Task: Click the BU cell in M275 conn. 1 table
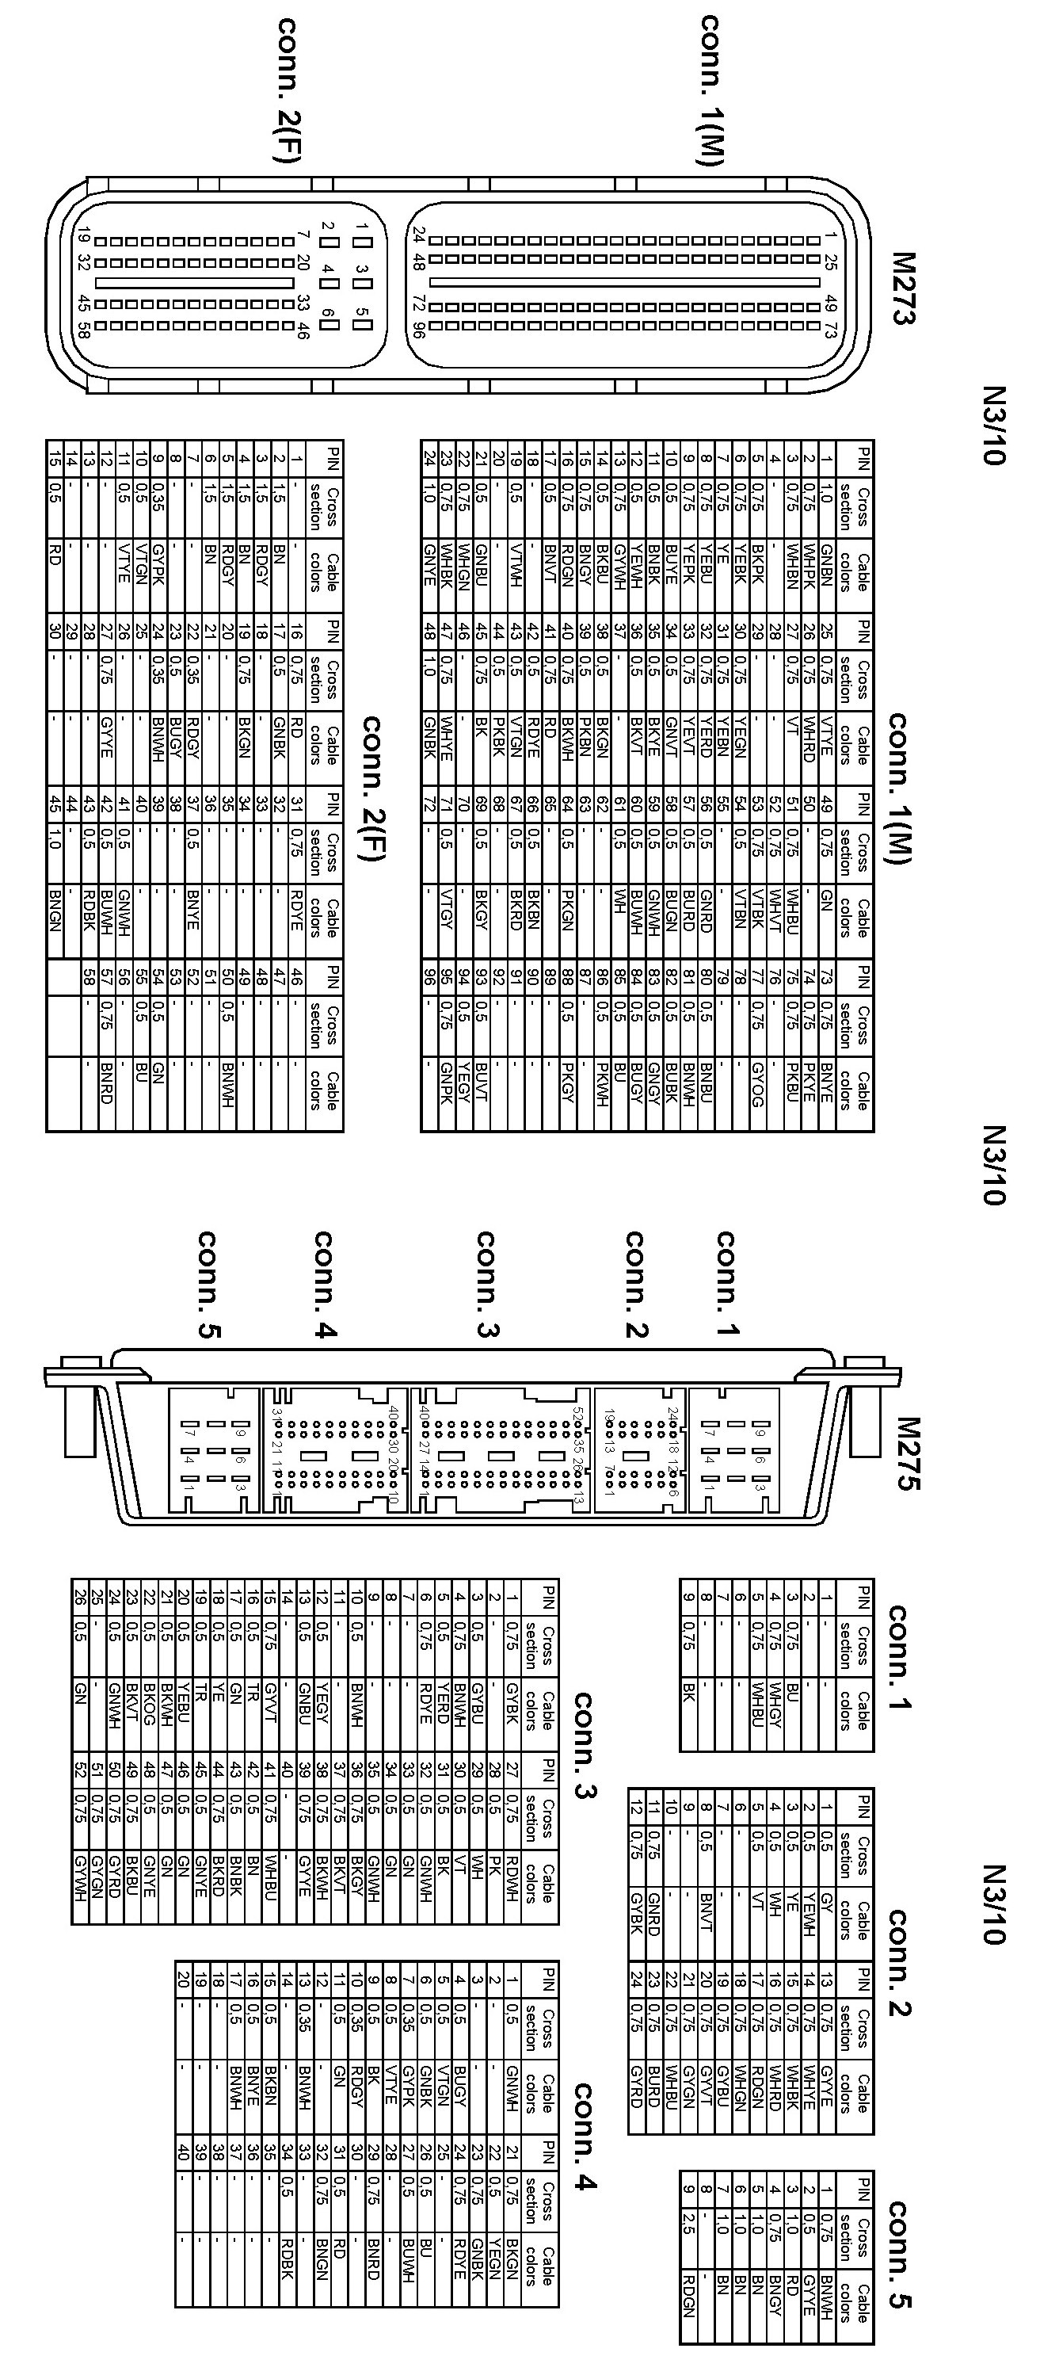pos(792,1697)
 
